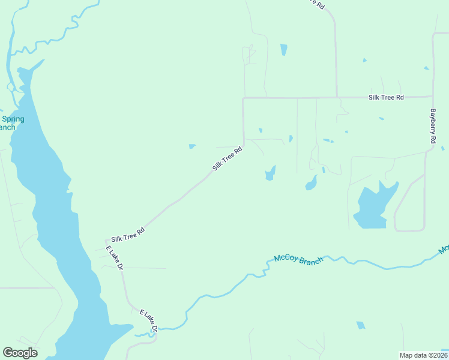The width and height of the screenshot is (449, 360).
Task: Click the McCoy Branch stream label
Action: [x=298, y=260]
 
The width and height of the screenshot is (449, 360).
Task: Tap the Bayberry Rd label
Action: [x=432, y=125]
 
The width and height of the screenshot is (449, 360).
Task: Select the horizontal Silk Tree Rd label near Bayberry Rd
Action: [x=386, y=97]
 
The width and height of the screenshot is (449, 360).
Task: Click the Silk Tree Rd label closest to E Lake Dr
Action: [x=128, y=234]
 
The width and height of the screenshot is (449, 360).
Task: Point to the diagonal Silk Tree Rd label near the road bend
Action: [x=227, y=159]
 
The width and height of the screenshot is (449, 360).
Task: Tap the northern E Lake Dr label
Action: [x=115, y=258]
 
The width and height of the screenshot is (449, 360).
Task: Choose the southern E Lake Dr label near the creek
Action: [x=148, y=321]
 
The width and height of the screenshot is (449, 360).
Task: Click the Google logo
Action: [x=20, y=352]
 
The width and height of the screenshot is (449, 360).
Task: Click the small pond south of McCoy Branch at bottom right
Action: [x=361, y=325]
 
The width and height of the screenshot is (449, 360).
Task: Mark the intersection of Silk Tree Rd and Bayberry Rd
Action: [x=433, y=96]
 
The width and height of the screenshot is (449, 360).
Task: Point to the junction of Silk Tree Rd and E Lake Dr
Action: [x=107, y=241]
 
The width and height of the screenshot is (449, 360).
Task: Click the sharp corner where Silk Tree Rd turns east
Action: [x=243, y=98]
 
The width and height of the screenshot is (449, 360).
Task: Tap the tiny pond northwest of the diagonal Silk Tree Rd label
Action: [x=191, y=146]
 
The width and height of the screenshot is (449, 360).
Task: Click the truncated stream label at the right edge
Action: [x=444, y=248]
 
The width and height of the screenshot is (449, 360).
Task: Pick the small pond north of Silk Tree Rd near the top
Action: [x=283, y=49]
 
